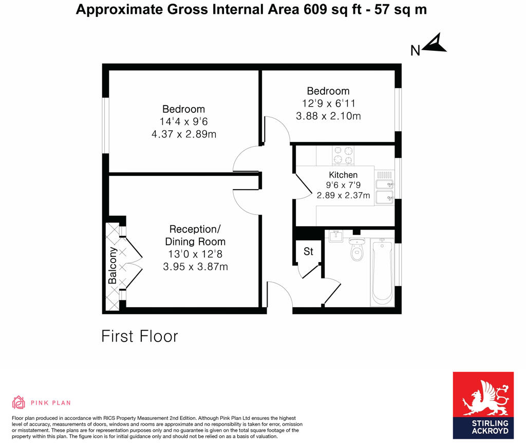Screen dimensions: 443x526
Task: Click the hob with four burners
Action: [x=343, y=156]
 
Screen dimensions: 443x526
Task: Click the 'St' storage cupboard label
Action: [x=308, y=252]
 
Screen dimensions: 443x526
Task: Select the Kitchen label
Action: [x=343, y=175]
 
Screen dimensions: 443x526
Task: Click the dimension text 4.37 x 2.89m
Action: [x=183, y=134]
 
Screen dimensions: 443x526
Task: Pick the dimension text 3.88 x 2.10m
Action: [x=328, y=116]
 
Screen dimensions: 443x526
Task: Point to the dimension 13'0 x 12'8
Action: [x=195, y=254]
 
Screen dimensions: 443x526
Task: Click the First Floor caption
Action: [x=139, y=336]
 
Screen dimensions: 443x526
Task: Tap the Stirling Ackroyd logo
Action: [x=483, y=405]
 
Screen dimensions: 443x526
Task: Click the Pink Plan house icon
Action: [x=18, y=402]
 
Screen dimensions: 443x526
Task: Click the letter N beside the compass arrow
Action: [x=416, y=50]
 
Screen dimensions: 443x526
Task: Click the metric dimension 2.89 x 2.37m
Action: [x=343, y=195]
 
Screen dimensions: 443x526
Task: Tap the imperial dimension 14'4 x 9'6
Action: [x=183, y=122]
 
